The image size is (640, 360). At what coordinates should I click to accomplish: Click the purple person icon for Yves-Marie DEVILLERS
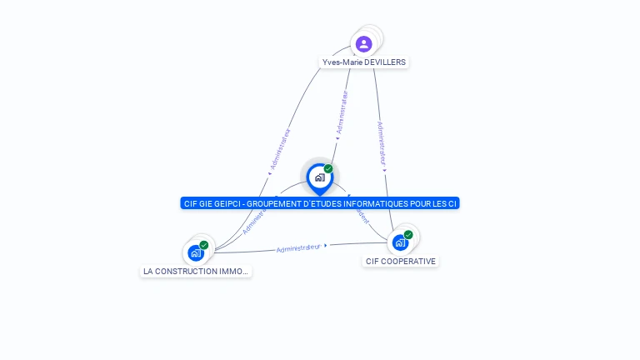coord(363,43)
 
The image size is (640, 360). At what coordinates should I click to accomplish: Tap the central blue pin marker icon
coord(319,177)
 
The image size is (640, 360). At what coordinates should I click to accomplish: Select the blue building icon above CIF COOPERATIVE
coord(400,242)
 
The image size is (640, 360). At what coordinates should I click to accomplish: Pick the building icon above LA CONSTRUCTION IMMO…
coord(196,252)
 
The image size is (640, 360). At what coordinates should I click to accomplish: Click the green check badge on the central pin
coord(328,169)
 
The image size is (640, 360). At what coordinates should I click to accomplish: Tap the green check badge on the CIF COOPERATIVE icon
coord(408,235)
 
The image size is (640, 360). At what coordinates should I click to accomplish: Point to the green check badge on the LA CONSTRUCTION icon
coord(204,245)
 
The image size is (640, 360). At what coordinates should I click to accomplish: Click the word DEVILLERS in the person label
coord(386,62)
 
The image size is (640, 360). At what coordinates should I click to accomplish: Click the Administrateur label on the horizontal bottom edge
coord(298,247)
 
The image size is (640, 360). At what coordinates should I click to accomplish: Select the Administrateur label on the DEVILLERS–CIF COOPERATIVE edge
coord(382,142)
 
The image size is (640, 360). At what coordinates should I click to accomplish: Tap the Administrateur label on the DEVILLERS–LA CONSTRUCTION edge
coord(280,149)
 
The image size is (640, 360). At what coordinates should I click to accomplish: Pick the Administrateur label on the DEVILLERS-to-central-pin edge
coord(342,113)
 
